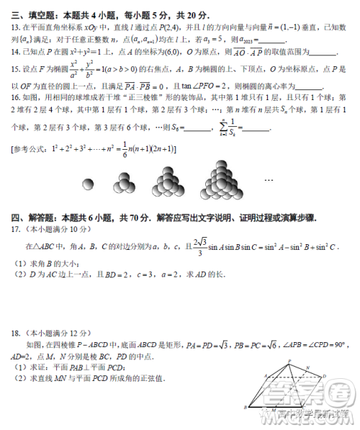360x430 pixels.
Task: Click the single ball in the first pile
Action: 89,183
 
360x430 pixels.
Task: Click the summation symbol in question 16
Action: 230,126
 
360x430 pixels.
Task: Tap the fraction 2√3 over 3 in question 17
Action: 195,246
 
